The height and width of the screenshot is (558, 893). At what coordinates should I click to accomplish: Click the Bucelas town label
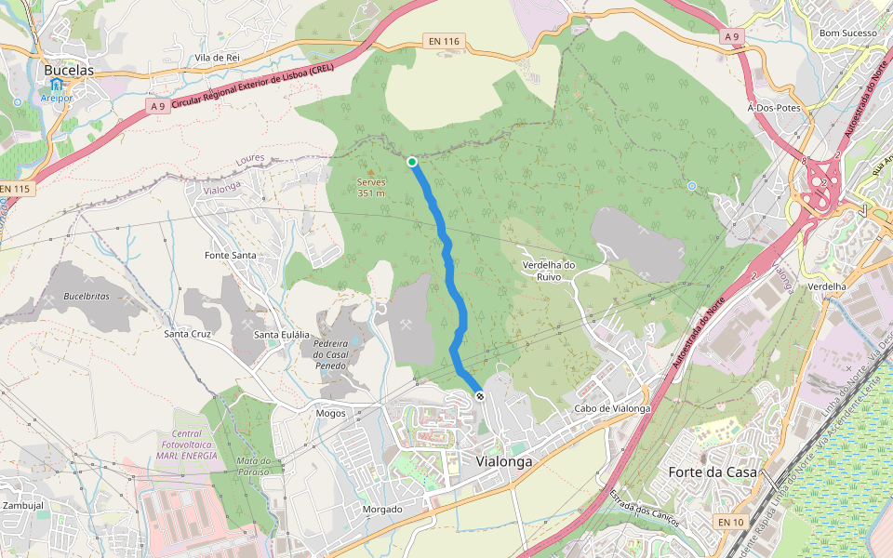point(69,69)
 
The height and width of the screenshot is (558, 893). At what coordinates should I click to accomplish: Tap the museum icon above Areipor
point(57,85)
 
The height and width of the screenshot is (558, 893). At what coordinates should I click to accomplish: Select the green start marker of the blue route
point(412,162)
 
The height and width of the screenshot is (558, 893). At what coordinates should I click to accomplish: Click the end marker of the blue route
point(480,396)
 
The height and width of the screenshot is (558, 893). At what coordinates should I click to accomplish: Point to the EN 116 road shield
point(445,42)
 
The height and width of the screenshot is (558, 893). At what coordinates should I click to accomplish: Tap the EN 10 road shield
point(730,523)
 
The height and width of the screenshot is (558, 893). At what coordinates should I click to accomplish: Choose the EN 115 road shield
point(15,189)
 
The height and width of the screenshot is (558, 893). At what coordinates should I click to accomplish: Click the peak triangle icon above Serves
point(371,172)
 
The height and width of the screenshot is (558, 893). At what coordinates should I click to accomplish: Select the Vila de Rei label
point(218,58)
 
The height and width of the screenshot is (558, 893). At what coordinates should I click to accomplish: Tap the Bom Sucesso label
point(847,33)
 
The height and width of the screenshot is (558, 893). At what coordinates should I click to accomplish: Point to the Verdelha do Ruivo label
point(550,270)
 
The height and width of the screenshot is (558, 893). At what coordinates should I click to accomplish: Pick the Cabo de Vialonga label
point(611,408)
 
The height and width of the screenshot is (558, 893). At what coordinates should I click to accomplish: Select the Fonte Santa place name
point(230,255)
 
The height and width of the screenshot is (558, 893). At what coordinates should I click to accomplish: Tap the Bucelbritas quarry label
point(87,297)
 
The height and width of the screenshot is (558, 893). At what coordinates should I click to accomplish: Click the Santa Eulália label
point(281,335)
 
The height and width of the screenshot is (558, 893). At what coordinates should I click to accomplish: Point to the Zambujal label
point(23,505)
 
